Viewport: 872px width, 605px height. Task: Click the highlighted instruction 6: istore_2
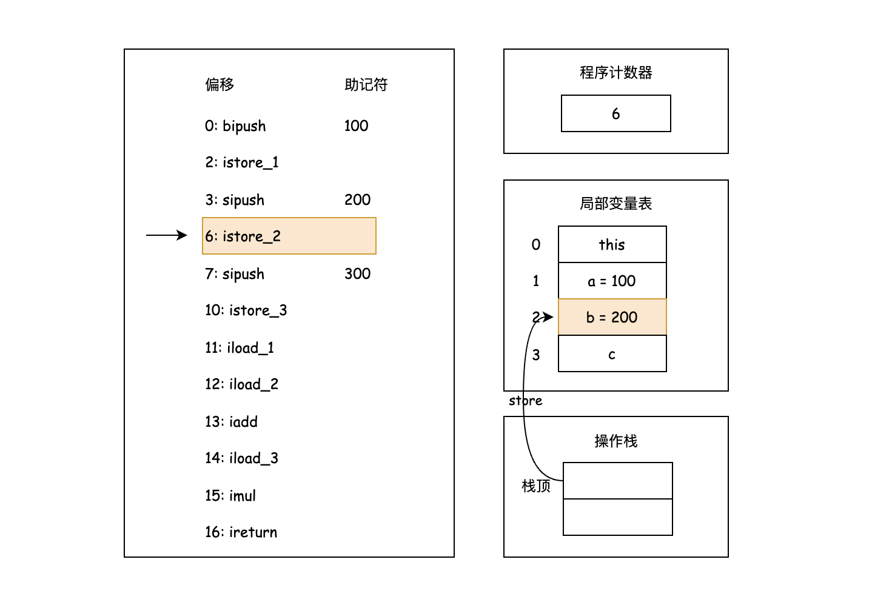pos(289,236)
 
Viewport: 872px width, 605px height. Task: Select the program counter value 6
pos(615,113)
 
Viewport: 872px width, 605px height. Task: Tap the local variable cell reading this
pos(612,244)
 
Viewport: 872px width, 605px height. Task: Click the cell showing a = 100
pos(612,281)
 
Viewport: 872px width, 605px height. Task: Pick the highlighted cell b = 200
pos(612,317)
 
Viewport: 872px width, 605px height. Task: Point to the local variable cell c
pos(612,354)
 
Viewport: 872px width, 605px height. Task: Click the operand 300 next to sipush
pos(357,273)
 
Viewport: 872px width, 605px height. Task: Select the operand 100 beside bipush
pos(356,125)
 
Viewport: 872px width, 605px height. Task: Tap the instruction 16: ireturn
pos(241,532)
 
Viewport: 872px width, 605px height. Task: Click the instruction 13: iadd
pos(231,421)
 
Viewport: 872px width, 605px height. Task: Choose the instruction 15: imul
pos(230,495)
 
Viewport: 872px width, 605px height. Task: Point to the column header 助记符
pos(366,84)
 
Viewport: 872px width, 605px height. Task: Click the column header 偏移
pos(220,84)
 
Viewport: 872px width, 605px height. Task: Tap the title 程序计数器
pos(615,73)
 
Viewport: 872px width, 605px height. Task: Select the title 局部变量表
pos(615,203)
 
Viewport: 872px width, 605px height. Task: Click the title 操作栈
pos(615,441)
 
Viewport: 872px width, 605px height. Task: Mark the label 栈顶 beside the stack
pos(536,486)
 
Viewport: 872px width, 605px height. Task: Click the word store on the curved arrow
pos(525,401)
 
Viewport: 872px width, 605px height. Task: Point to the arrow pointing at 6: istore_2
pos(167,235)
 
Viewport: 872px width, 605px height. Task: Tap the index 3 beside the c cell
pos(536,355)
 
